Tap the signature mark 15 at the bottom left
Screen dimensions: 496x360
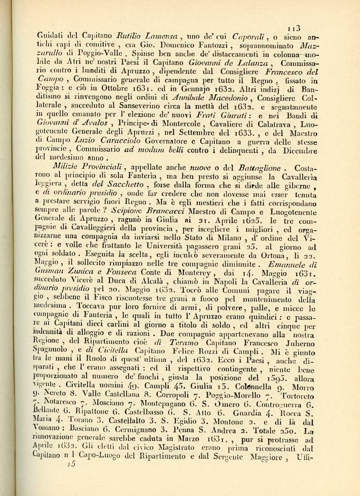[72, 464]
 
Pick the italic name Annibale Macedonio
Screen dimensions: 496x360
[210, 97]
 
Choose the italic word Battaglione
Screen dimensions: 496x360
[259, 168]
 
